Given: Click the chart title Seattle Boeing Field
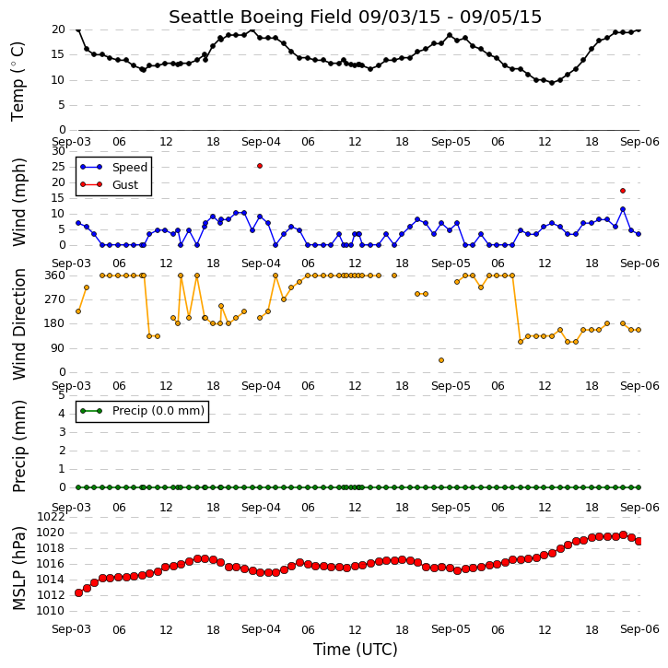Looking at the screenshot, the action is coord(261,17).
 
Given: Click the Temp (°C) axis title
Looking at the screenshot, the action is coord(18,81).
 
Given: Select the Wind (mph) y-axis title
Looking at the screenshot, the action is coord(18,202).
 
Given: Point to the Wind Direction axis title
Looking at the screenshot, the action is coord(18,324).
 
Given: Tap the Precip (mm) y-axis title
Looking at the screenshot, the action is coord(18,447).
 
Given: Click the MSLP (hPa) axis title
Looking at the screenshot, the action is coord(18,568).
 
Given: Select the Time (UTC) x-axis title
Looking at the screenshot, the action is coord(356,650).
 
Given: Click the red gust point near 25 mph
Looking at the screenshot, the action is coord(260,166).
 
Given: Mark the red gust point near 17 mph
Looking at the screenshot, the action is coord(623,191).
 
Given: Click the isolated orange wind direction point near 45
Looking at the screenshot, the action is coord(441,360).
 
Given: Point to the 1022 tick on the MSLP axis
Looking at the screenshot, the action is coord(51,517).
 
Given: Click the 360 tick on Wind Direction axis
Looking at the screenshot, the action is coord(54,275).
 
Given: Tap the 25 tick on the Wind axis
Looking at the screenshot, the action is coord(58,167).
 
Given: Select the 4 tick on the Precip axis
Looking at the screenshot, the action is coord(62,414).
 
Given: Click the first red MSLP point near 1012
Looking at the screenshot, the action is coord(78,593).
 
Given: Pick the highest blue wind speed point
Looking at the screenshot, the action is coord(623,209).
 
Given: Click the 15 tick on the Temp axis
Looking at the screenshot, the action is coord(58,54).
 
